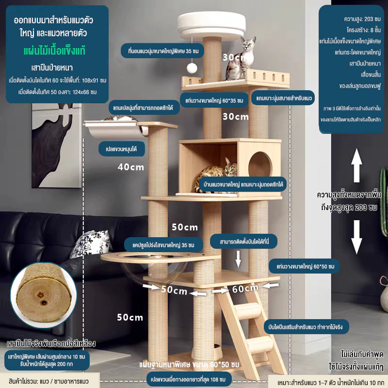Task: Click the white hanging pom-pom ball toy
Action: click(192, 68)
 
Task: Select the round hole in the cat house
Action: click(260, 164)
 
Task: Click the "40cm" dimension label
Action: click(131, 167)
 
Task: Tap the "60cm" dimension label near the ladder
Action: click(245, 289)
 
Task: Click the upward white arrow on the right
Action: click(356, 165)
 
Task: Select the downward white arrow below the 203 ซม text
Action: click(356, 237)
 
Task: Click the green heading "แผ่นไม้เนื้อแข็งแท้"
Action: click(54, 51)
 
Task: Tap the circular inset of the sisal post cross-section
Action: click(44, 295)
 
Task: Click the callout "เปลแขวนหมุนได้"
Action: click(122, 149)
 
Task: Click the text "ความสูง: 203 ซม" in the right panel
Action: click(362, 19)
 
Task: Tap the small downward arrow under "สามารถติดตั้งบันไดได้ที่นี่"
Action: click(238, 259)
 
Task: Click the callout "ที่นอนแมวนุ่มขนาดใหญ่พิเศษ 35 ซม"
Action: click(163, 51)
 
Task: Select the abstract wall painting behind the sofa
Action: click(57, 145)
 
